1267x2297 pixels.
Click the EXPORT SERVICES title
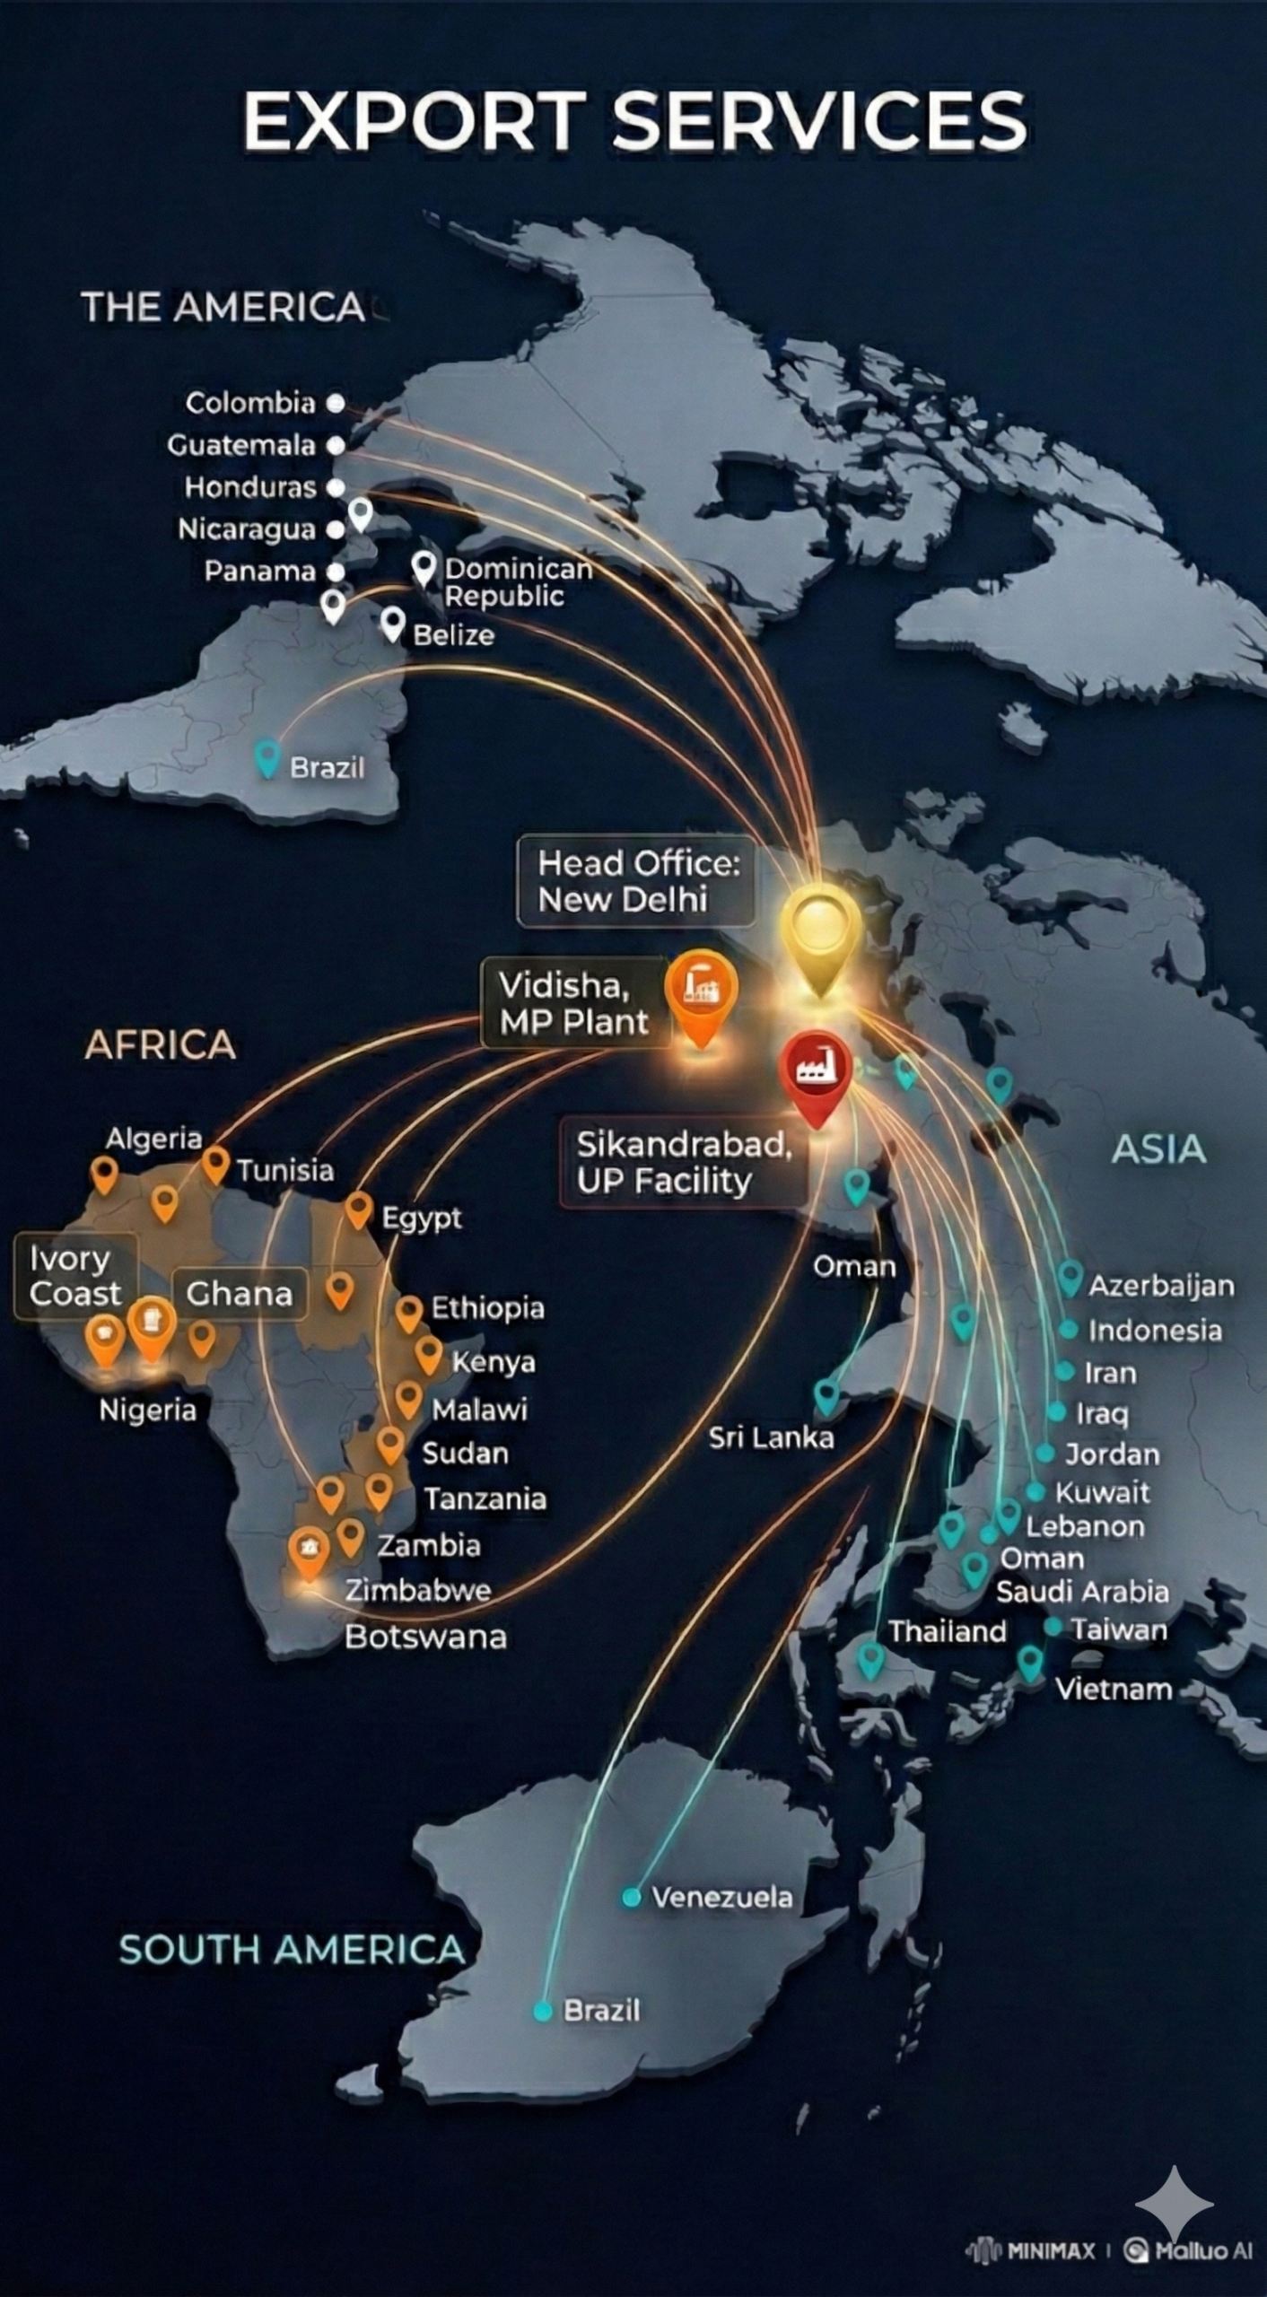634,121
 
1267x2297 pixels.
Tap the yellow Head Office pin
820,933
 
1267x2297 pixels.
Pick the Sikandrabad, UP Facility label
684,1162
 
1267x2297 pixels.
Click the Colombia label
250,403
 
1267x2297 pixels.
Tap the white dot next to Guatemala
335,445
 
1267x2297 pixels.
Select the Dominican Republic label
518,582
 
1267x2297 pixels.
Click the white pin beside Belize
392,623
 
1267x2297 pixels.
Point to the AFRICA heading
160,1045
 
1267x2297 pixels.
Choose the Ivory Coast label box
75,1276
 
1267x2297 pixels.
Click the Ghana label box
239,1294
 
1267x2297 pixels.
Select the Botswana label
425,1638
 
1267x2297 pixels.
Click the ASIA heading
1158,1149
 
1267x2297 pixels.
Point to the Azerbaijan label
1160,1286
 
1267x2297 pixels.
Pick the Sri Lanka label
771,1438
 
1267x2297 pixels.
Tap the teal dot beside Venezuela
632,1897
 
